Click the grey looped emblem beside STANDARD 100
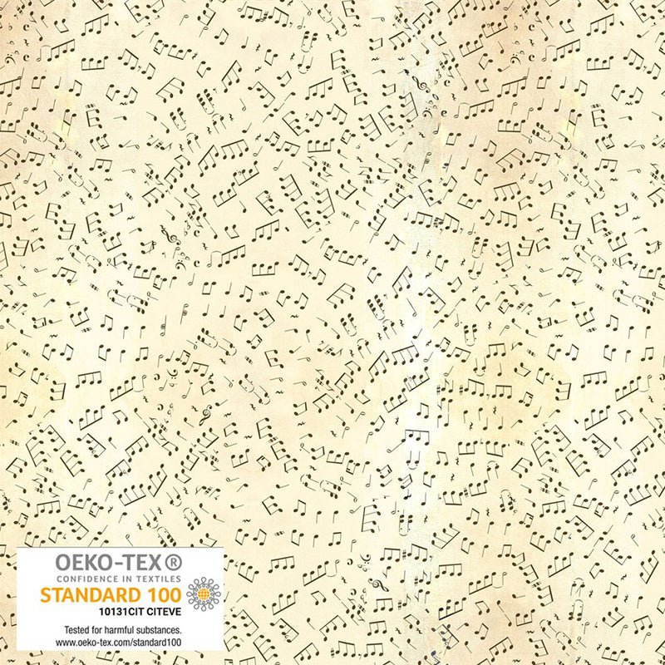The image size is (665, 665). (202, 594)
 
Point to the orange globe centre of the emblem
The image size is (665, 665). (202, 594)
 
